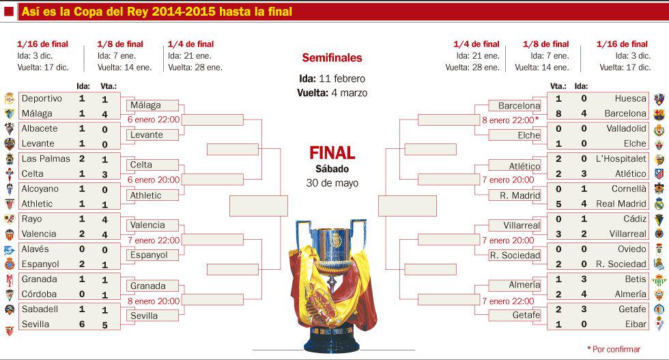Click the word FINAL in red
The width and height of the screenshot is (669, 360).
pyautogui.click(x=332, y=152)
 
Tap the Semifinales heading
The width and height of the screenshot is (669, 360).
pyautogui.click(x=332, y=58)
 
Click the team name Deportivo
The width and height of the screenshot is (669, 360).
pyautogui.click(x=42, y=98)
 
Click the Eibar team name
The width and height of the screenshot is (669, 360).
pyautogui.click(x=635, y=324)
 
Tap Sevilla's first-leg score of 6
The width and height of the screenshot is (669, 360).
pyautogui.click(x=81, y=324)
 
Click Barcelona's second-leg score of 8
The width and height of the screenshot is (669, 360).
pyautogui.click(x=558, y=113)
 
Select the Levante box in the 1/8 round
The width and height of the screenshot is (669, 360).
pyautogui.click(x=147, y=135)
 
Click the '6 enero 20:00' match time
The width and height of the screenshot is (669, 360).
pyautogui.click(x=154, y=180)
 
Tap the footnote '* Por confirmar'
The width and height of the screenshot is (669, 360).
pyautogui.click(x=614, y=349)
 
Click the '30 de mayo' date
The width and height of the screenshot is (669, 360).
pyautogui.click(x=332, y=183)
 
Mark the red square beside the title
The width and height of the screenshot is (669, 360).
pyautogui.click(x=9, y=12)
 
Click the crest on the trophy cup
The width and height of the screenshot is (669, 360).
pyautogui.click(x=334, y=240)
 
